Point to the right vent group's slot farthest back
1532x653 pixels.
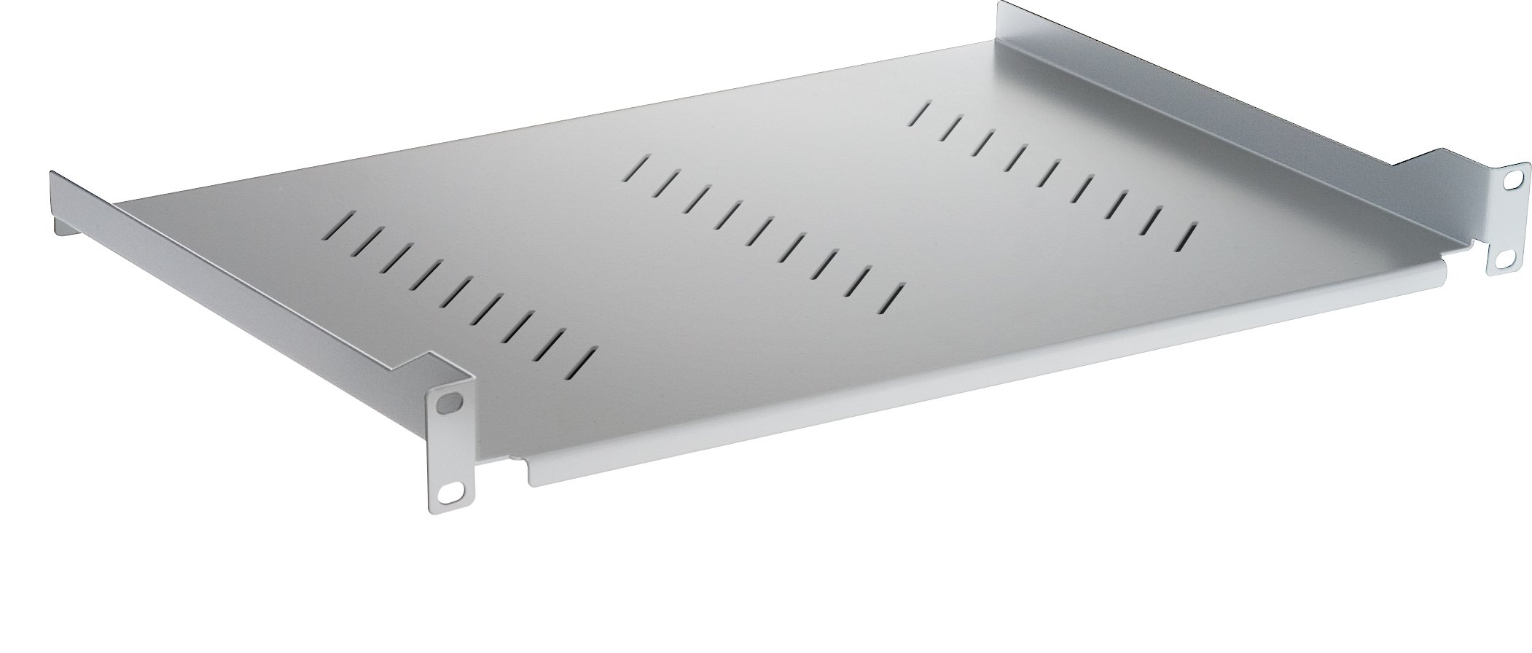[922, 114]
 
